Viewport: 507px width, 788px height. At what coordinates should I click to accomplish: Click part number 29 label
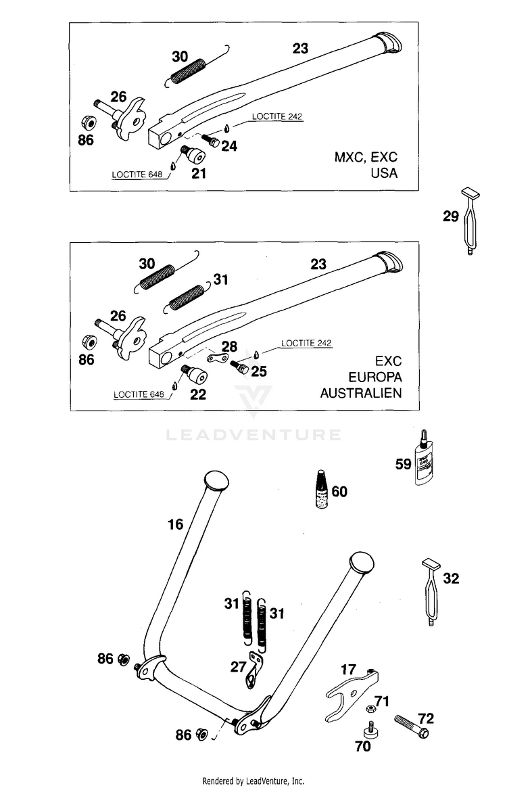(451, 216)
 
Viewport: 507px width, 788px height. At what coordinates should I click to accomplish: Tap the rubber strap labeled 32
(431, 591)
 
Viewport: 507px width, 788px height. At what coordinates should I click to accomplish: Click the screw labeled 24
(211, 139)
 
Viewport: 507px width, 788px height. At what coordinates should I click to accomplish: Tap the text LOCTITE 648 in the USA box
(137, 175)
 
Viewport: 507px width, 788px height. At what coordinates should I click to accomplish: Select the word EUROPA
(375, 377)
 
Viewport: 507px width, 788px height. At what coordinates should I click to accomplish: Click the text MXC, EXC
(366, 157)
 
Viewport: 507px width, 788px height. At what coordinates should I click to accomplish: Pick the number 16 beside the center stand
(175, 525)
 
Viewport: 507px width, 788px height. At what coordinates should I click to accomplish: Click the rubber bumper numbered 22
(194, 375)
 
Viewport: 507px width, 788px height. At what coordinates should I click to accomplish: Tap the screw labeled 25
(239, 367)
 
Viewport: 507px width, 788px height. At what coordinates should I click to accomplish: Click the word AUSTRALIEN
(361, 393)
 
